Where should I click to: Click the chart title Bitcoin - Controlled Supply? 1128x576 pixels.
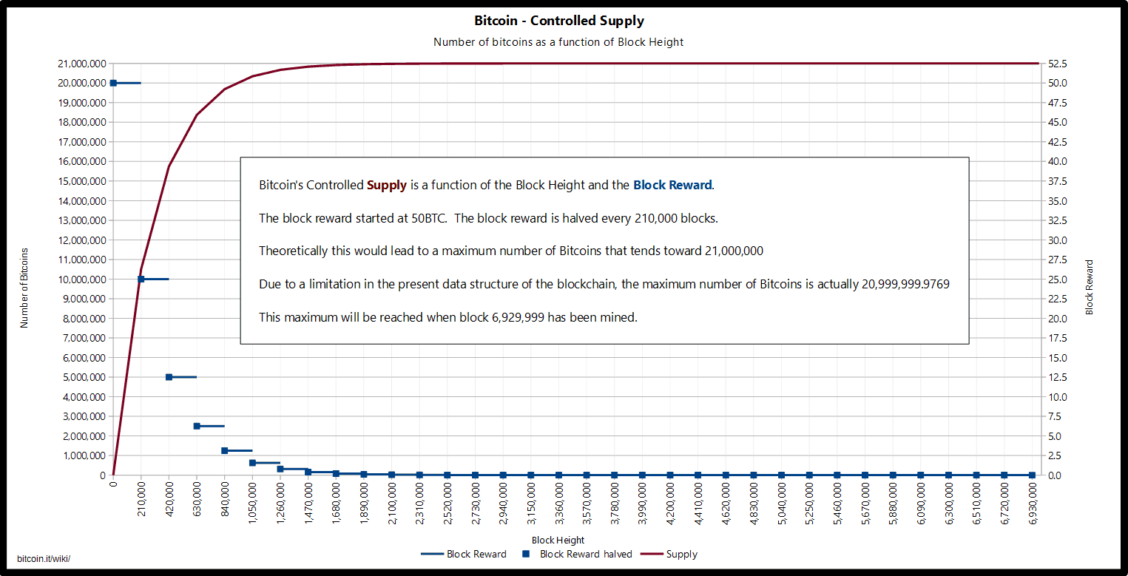point(559,21)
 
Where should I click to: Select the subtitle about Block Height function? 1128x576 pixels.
point(558,42)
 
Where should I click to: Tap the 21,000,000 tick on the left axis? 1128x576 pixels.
point(81,64)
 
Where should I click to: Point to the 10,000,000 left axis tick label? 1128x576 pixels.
point(81,279)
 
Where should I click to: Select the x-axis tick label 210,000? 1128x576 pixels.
point(141,503)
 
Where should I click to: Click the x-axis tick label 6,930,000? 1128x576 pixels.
point(1033,503)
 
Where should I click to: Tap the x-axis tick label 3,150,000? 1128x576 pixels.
point(531,503)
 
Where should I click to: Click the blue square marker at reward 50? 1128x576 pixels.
point(113,83)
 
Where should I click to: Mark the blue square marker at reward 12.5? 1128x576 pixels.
point(169,377)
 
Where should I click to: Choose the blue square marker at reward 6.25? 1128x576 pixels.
point(197,426)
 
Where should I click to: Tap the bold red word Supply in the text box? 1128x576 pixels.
point(387,185)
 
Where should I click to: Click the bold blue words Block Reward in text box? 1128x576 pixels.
point(672,185)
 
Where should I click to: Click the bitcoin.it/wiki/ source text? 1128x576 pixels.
point(44,558)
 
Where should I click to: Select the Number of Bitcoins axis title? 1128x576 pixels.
point(24,288)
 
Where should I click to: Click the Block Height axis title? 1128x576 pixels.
point(558,541)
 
